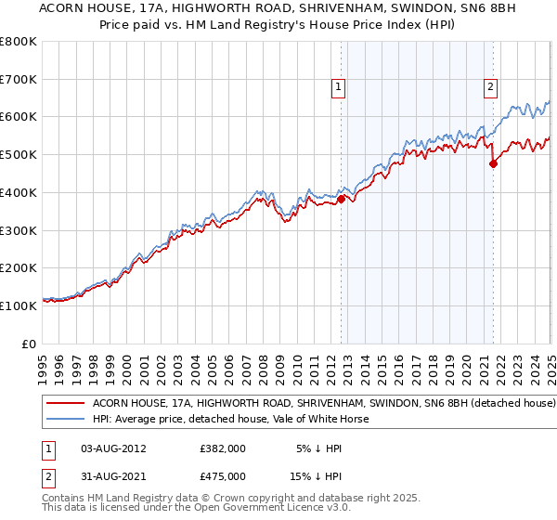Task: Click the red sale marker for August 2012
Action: tap(341, 198)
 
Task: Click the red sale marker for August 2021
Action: tap(494, 163)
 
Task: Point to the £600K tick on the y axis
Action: tap(19, 117)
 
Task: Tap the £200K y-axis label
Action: tap(19, 267)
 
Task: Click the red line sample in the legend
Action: tap(66, 404)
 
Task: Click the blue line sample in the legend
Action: tap(66, 419)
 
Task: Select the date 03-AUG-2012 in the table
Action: tap(114, 448)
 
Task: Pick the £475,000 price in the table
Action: tap(223, 475)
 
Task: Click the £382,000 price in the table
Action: tap(223, 448)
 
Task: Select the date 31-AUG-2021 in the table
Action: tap(114, 475)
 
